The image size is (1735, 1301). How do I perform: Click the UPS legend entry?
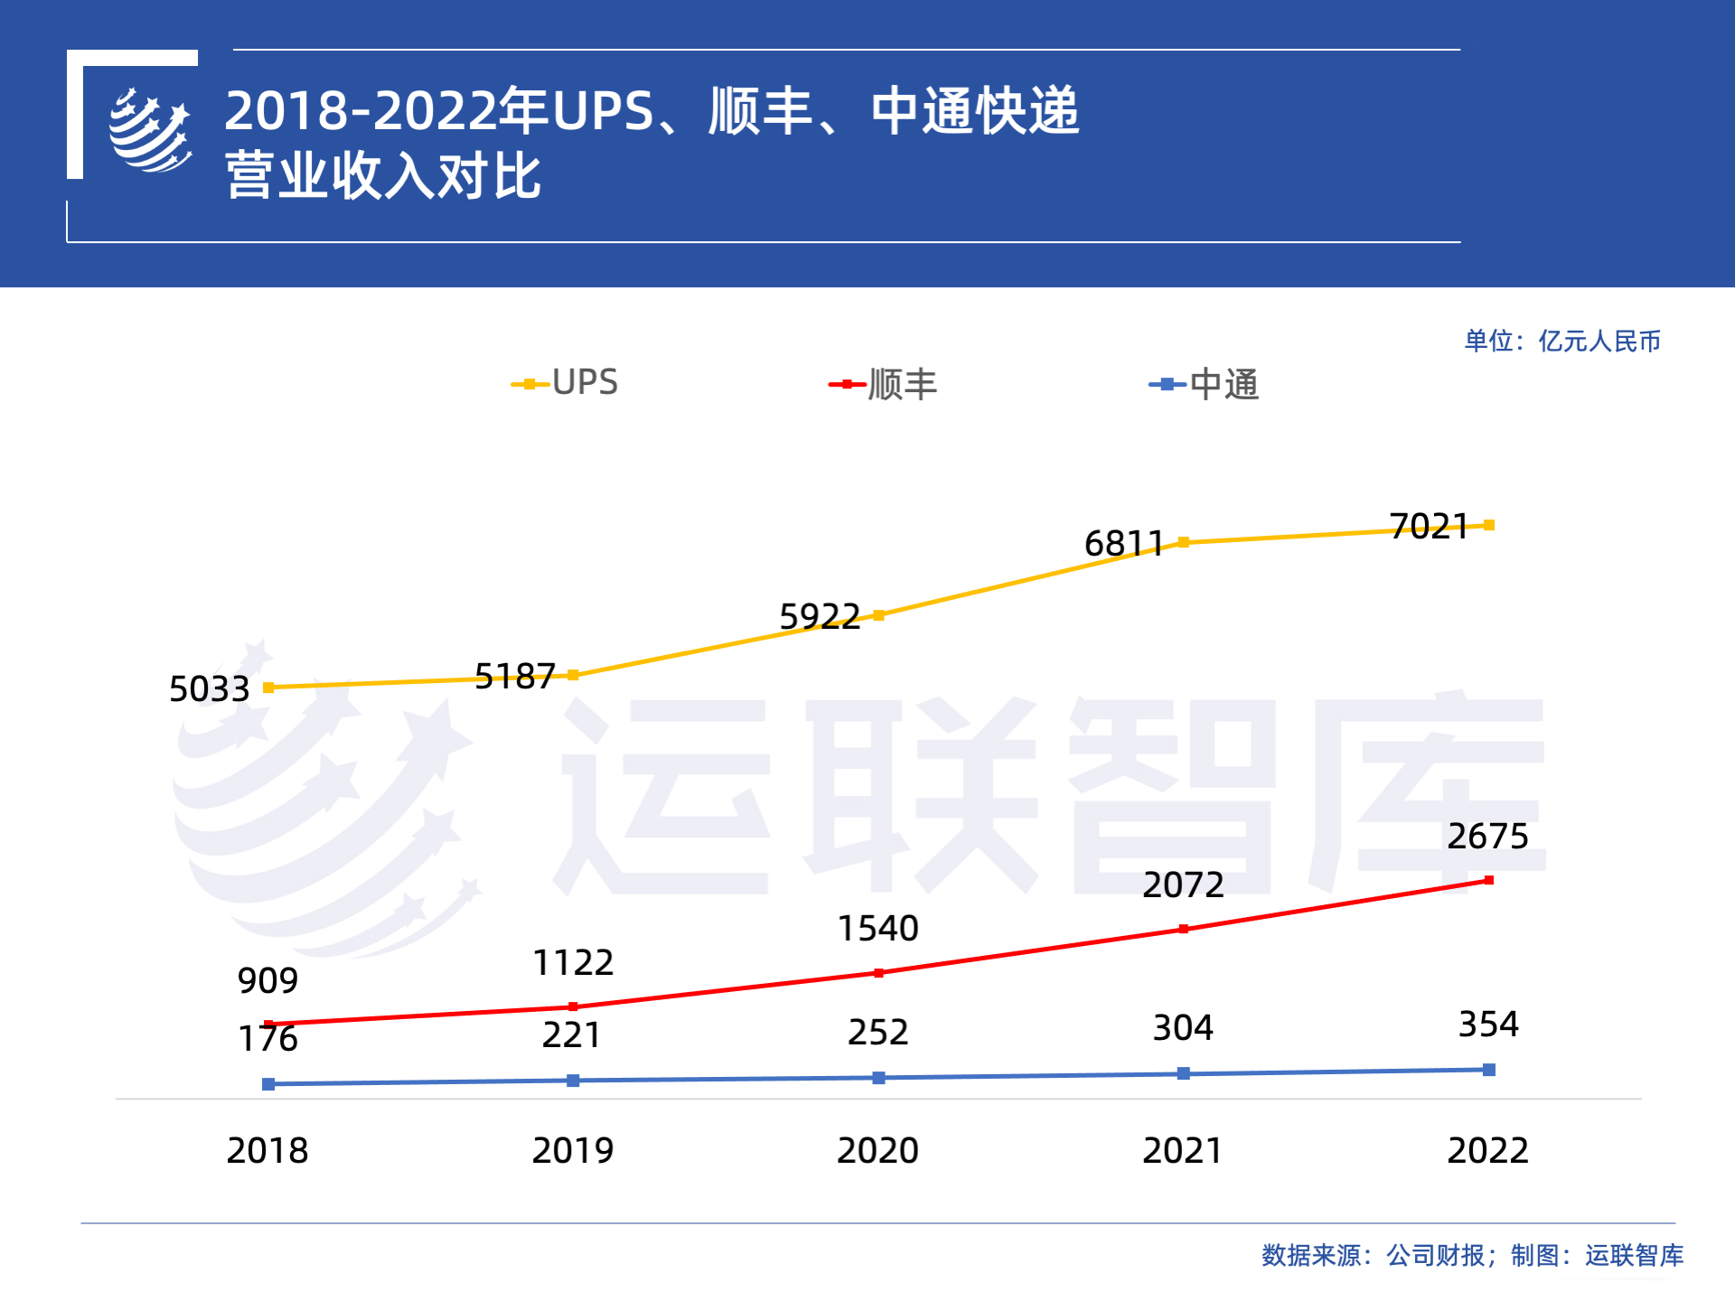click(x=566, y=383)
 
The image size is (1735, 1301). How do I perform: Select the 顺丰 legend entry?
click(x=884, y=385)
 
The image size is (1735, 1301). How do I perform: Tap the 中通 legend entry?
click(x=1205, y=385)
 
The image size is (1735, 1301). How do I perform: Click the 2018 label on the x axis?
click(x=267, y=1150)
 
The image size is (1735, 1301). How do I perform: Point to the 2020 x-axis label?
click(x=877, y=1150)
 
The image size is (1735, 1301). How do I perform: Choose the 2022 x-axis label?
click(x=1487, y=1150)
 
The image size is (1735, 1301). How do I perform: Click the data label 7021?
click(x=1429, y=527)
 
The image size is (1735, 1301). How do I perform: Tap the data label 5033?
click(x=209, y=689)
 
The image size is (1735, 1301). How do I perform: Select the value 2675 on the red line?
click(x=1487, y=837)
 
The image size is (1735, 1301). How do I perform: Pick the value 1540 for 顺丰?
click(x=877, y=929)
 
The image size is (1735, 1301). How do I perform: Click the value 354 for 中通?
click(x=1488, y=1025)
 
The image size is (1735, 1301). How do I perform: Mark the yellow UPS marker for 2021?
click(x=1183, y=542)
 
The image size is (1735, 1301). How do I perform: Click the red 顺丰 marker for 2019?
click(x=573, y=1006)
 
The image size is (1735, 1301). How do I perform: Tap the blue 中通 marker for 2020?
click(x=878, y=1078)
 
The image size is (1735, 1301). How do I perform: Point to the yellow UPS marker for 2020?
click(x=878, y=615)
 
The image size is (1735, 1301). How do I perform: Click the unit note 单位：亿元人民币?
click(x=1562, y=342)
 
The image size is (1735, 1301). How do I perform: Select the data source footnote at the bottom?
click(x=1472, y=1255)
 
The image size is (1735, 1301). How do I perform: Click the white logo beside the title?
click(x=150, y=130)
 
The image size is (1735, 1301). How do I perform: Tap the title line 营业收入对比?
click(x=383, y=175)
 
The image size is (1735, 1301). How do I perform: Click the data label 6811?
click(x=1123, y=544)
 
